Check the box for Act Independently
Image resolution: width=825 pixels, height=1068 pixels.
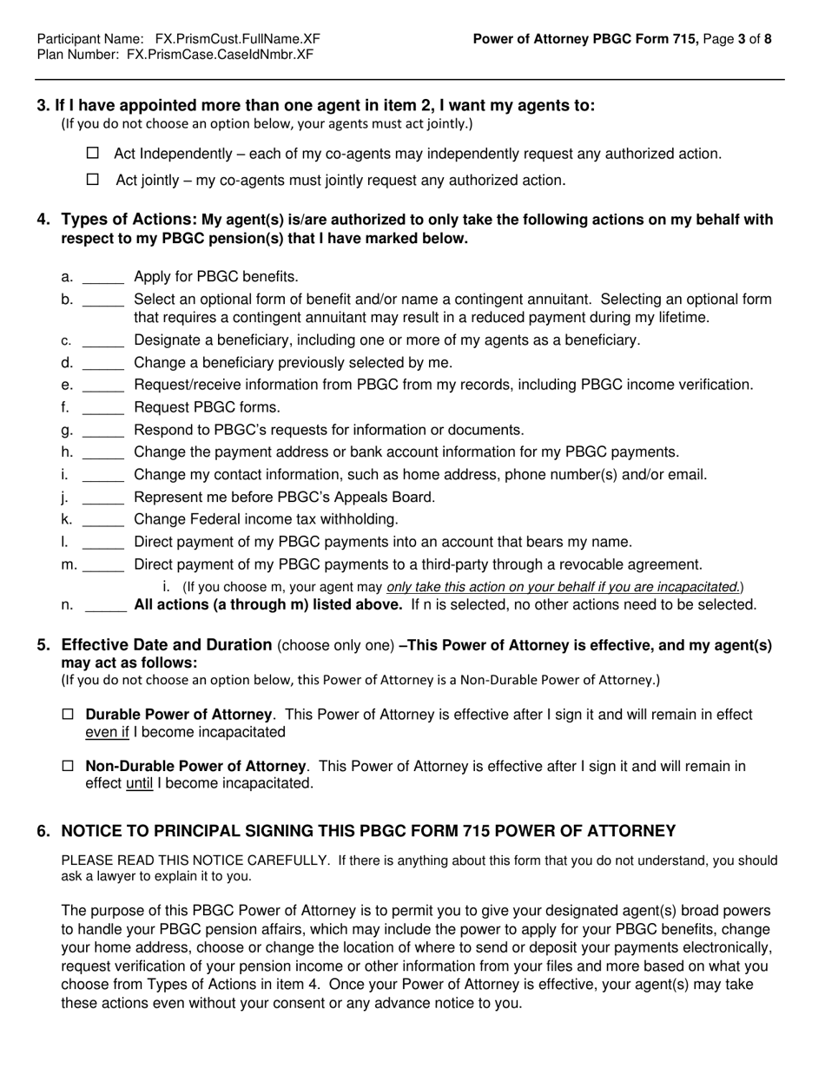tap(94, 154)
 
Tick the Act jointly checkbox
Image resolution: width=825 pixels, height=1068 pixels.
tap(94, 180)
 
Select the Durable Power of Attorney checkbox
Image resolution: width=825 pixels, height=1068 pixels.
tap(69, 715)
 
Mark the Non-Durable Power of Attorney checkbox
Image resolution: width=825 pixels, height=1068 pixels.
tap(69, 767)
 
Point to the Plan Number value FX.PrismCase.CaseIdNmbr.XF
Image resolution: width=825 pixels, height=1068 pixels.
tap(220, 54)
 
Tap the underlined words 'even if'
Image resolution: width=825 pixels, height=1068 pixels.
tap(107, 732)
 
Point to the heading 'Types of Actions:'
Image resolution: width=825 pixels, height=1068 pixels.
tap(129, 220)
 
